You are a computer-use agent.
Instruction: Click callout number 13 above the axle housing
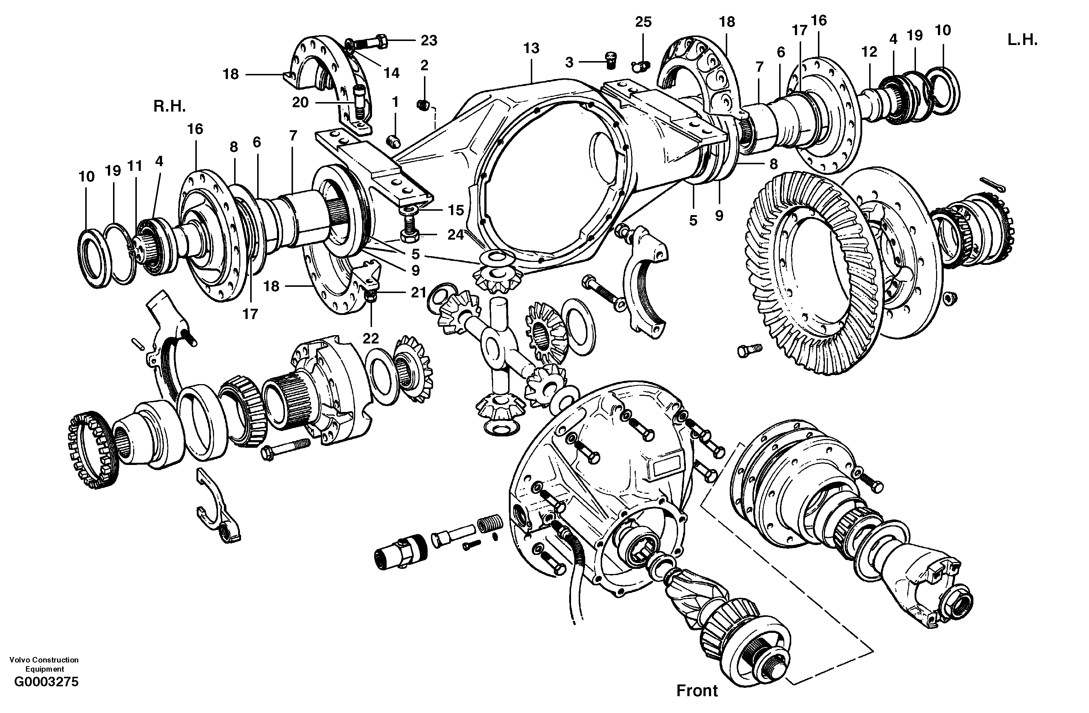coord(531,48)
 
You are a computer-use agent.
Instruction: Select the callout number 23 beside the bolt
coord(429,41)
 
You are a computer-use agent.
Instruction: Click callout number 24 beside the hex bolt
coord(455,235)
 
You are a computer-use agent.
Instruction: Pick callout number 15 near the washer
coord(456,210)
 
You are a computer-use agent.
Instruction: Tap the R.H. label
coord(169,106)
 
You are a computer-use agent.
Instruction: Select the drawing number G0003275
coord(46,695)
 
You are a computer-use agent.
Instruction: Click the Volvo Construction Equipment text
coord(44,664)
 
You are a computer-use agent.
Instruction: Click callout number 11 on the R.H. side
coord(135,166)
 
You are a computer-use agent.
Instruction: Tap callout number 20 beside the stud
coord(300,102)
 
